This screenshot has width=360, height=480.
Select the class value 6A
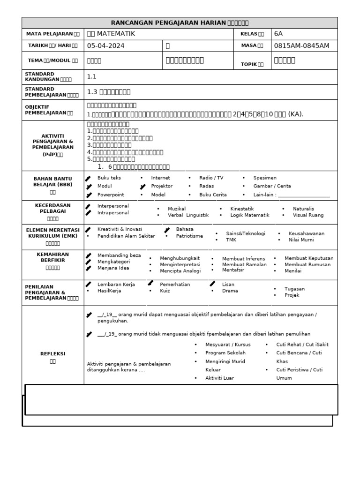pyautogui.click(x=278, y=34)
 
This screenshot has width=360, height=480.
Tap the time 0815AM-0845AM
pyautogui.click(x=302, y=46)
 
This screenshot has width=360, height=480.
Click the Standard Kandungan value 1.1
pyautogui.click(x=92, y=76)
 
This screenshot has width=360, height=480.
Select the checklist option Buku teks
pyautogui.click(x=109, y=178)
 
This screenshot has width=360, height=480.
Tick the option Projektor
pyautogui.click(x=162, y=186)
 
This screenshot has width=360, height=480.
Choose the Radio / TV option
pyautogui.click(x=211, y=178)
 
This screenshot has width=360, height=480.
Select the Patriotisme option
pyautogui.click(x=189, y=236)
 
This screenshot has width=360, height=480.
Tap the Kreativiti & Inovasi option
pyautogui.click(x=119, y=230)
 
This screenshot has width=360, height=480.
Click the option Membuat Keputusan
pyautogui.click(x=309, y=258)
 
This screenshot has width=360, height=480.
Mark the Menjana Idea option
pyautogui.click(x=113, y=268)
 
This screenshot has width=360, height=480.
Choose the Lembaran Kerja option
pyautogui.click(x=116, y=285)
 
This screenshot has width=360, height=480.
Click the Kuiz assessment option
pyautogui.click(x=165, y=291)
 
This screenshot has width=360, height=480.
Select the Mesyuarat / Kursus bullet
pyautogui.click(x=227, y=345)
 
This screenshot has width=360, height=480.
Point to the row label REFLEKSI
pyautogui.click(x=52, y=354)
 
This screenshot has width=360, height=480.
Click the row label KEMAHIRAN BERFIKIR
pyautogui.click(x=52, y=256)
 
